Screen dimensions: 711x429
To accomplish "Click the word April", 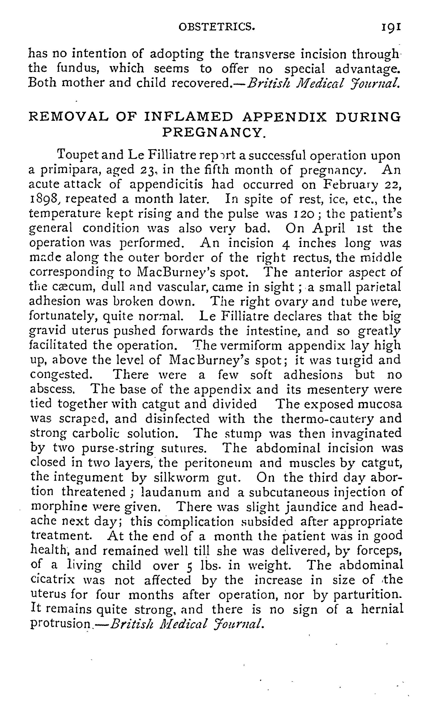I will (x=329, y=228).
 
